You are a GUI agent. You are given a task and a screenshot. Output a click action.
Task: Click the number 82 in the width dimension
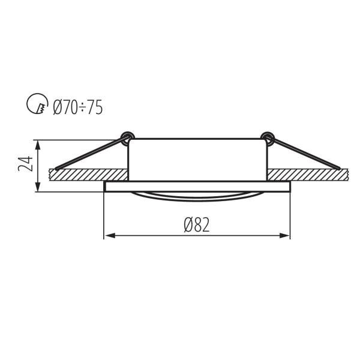point(202,225)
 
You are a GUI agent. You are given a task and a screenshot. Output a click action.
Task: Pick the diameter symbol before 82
point(188,225)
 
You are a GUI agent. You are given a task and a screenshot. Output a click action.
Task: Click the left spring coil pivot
point(127,137)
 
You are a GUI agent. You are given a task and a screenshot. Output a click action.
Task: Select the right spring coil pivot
point(267,137)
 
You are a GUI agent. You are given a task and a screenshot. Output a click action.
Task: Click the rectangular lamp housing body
point(197,159)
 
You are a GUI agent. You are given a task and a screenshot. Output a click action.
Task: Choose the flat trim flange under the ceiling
point(197,187)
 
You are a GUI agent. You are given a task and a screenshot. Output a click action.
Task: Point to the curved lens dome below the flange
point(197,196)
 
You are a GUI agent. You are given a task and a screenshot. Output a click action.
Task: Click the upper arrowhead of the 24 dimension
point(39,145)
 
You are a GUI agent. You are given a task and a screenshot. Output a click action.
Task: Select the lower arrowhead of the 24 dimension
point(39,188)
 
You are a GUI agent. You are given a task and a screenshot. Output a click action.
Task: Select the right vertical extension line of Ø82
point(290,216)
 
